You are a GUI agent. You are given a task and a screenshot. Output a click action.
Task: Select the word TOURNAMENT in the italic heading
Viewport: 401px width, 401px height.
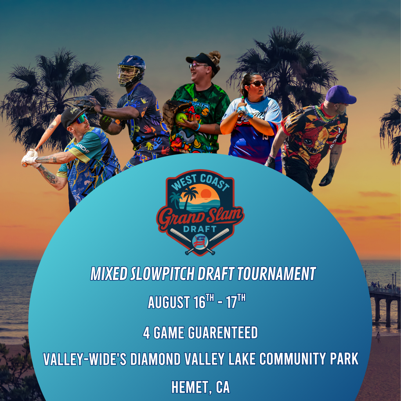(276, 274)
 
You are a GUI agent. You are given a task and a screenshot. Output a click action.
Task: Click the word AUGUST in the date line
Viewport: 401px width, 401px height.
(168, 302)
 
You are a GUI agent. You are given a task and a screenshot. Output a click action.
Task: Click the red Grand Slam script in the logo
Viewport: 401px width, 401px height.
(200, 215)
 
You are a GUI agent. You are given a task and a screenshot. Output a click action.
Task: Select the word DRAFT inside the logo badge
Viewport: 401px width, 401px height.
(200, 228)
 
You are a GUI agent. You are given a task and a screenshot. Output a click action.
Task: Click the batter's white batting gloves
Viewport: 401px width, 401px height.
(29, 158)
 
